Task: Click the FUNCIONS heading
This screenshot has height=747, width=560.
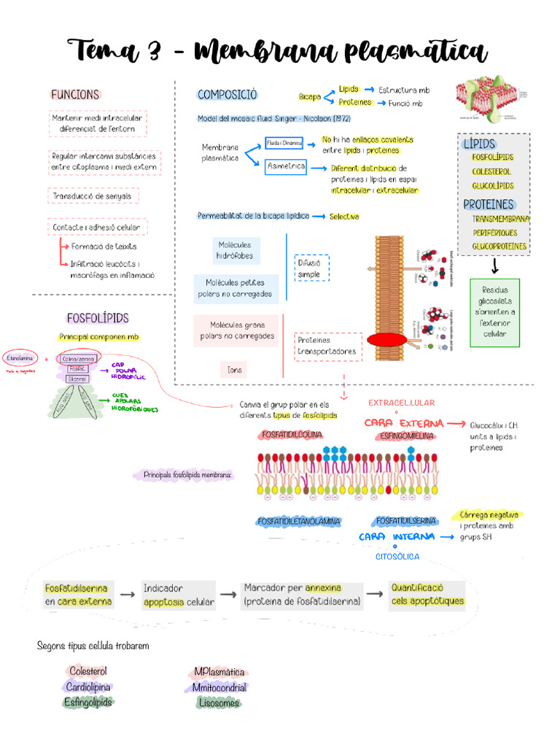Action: [74, 95]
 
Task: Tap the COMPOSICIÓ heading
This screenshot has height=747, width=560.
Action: [227, 95]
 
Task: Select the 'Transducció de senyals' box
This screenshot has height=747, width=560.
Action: [93, 196]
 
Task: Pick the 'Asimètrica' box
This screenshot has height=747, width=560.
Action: [286, 166]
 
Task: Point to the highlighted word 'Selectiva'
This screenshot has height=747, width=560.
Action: [344, 217]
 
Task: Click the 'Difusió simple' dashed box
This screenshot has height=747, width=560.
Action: [312, 268]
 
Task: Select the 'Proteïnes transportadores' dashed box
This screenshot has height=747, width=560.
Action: [328, 346]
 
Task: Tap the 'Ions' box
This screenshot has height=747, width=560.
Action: [235, 370]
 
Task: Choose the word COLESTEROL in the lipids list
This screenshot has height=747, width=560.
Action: [491, 171]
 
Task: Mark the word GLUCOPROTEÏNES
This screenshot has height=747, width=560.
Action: [499, 247]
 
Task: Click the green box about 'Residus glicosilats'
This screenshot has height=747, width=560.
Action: [495, 312]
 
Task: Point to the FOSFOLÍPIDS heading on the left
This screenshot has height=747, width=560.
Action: [97, 318]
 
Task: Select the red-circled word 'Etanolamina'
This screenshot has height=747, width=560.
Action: [20, 358]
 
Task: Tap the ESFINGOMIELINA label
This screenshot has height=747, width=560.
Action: [406, 436]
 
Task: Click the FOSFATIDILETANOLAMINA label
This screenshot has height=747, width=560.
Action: [299, 522]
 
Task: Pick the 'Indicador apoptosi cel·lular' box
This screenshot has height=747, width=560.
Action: [179, 595]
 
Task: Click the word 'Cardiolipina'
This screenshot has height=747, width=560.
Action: [89, 687]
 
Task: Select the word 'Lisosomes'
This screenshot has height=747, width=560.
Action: [218, 703]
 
